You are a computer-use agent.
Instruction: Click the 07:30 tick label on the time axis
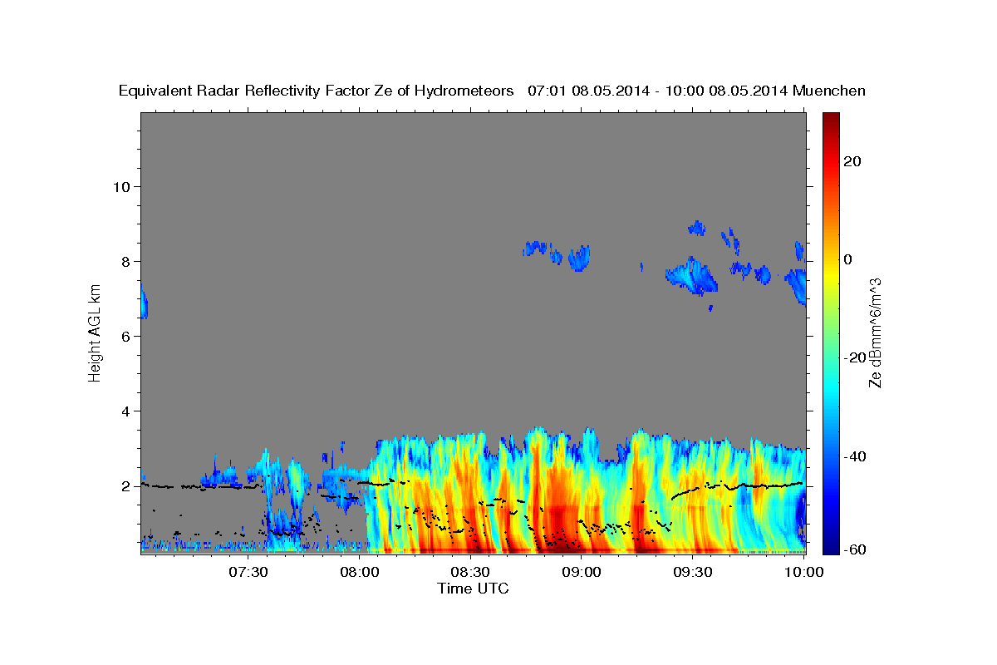(248, 572)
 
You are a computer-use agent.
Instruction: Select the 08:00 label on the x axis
(360, 572)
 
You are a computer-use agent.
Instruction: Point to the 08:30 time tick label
(470, 572)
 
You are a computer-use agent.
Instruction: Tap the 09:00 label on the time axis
(582, 572)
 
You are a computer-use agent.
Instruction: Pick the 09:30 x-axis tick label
(692, 572)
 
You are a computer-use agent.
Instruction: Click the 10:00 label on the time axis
(803, 572)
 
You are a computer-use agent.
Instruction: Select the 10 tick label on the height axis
(120, 186)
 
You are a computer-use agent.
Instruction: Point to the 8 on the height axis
(125, 261)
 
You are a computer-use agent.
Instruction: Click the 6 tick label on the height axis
(125, 336)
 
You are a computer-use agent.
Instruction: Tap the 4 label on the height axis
(125, 411)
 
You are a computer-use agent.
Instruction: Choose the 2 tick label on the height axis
(125, 486)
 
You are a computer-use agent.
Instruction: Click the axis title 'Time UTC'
(473, 589)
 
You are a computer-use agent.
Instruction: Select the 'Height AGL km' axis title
(95, 332)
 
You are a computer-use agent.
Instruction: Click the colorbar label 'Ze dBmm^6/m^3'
(875, 332)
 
